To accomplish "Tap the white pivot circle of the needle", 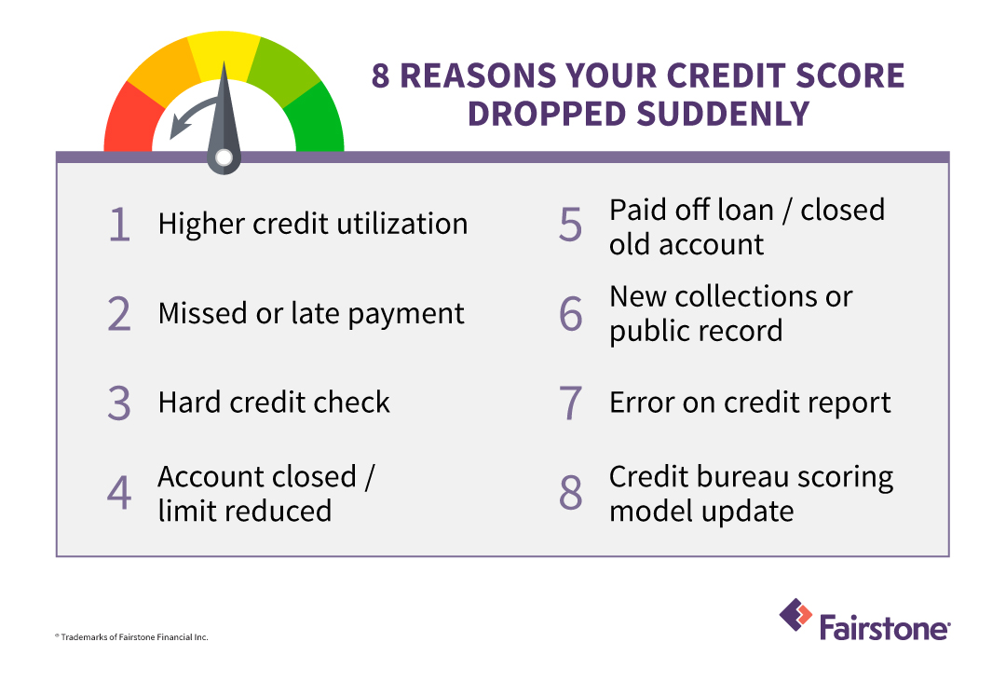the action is point(224,157).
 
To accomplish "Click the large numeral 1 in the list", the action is point(119,225).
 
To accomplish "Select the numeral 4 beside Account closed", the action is point(119,493).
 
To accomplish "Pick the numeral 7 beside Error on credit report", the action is point(570,403).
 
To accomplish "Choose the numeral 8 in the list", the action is point(570,493).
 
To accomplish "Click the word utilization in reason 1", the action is point(402,224).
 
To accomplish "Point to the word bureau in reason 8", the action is point(733,477).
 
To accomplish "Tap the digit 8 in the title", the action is point(380,75).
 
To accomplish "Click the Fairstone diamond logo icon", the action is point(795,615).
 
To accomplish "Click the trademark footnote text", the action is point(131,636).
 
